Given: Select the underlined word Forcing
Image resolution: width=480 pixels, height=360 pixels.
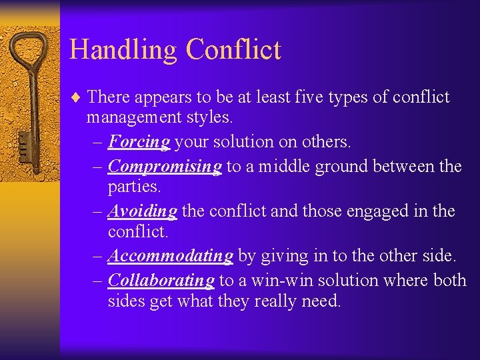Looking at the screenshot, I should pyautogui.click(x=139, y=142).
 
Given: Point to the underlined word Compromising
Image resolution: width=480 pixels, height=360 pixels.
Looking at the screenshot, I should pyautogui.click(x=165, y=166).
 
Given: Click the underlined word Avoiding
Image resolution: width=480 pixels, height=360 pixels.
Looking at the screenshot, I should pyautogui.click(x=142, y=211).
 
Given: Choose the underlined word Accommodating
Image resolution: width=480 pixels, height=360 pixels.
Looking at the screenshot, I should pyautogui.click(x=170, y=256).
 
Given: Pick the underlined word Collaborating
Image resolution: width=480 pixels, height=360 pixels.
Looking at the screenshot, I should pyautogui.click(x=161, y=280).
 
